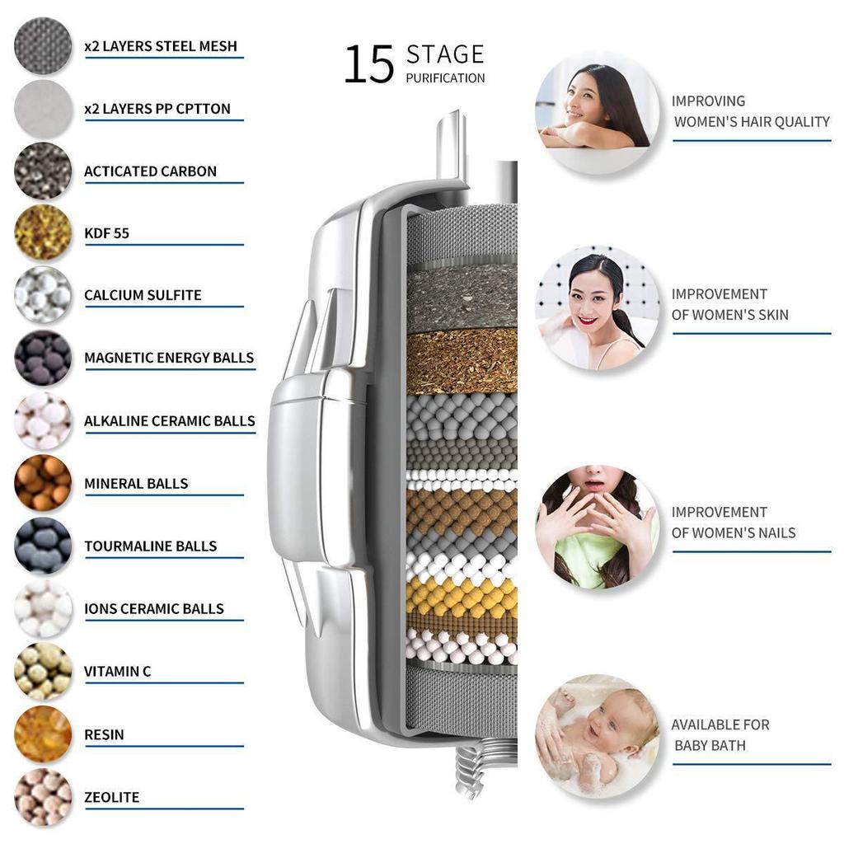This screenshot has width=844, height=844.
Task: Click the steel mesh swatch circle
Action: point(43,46)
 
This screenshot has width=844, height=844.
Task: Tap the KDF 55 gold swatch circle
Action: point(43,232)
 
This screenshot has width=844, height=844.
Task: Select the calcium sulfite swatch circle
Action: point(43,295)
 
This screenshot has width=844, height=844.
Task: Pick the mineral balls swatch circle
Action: point(43,483)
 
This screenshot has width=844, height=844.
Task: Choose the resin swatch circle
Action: point(43,734)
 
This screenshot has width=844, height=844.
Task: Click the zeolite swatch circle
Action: point(43,796)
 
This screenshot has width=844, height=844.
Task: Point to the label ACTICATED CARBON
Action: point(150,171)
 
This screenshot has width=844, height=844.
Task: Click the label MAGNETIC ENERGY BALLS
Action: point(169,358)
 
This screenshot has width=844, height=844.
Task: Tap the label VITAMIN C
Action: point(117,671)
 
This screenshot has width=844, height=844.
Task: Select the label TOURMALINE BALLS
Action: point(150,546)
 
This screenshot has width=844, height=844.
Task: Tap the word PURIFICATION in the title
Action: point(445,78)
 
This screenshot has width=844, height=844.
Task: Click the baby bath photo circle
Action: point(598,736)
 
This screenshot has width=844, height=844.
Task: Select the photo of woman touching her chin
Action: point(598,526)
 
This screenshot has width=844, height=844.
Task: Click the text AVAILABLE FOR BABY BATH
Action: point(720,734)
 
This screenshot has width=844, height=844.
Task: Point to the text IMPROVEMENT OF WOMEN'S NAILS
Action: point(733,523)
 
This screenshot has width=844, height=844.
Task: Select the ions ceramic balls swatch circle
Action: point(43,608)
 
